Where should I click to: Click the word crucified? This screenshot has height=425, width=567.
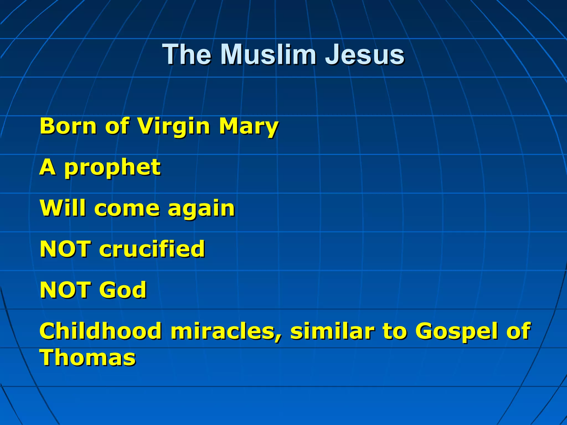coord(152,249)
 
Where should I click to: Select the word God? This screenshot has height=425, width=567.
coord(123,290)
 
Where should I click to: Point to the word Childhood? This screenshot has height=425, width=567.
coord(100,331)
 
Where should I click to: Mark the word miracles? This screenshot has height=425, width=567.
coord(226,331)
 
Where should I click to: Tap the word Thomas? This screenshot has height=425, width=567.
coord(88,357)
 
